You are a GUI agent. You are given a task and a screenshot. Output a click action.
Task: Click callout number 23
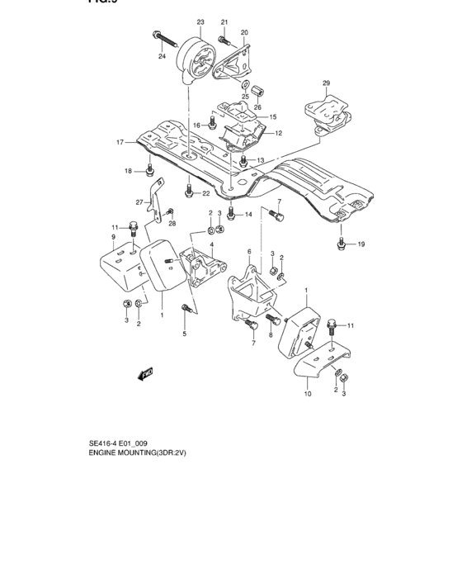coord(200,21)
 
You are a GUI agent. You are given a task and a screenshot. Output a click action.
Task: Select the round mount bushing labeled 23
coord(198,59)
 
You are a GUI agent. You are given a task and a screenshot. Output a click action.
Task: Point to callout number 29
coord(326,83)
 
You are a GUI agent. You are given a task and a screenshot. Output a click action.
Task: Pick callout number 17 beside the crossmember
coord(120,142)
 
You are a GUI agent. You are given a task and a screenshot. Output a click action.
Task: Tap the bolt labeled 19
coord(339,242)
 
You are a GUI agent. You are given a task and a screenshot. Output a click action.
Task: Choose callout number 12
coord(278,132)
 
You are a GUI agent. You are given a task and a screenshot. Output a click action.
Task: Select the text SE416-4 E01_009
coord(118,443)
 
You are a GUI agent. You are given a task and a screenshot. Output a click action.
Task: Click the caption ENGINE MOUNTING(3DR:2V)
coord(139,454)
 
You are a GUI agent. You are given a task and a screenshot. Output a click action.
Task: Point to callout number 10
coord(307,395)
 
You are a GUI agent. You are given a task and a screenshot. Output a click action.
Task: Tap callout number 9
coord(112,238)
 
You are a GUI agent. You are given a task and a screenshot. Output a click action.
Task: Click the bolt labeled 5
coord(186,310)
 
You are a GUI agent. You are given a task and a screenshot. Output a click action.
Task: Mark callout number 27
coord(139,201)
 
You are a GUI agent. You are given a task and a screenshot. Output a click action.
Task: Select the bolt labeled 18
coord(148,173)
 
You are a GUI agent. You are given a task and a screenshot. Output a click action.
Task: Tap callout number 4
coord(211,244)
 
